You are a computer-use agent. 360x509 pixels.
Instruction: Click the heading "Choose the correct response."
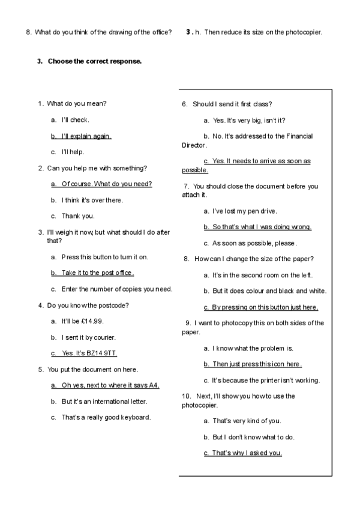point(95,61)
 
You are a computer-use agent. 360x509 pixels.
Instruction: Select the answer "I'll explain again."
point(86,136)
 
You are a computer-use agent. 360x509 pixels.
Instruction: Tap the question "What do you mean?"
point(77,104)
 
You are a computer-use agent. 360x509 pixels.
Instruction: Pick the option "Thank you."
point(78,216)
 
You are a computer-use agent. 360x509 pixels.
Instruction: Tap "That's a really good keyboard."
point(106,417)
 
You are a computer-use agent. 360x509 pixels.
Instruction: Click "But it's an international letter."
point(104,401)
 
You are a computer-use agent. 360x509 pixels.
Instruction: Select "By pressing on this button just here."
point(265,307)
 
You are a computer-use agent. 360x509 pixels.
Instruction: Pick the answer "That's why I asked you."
point(247,453)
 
